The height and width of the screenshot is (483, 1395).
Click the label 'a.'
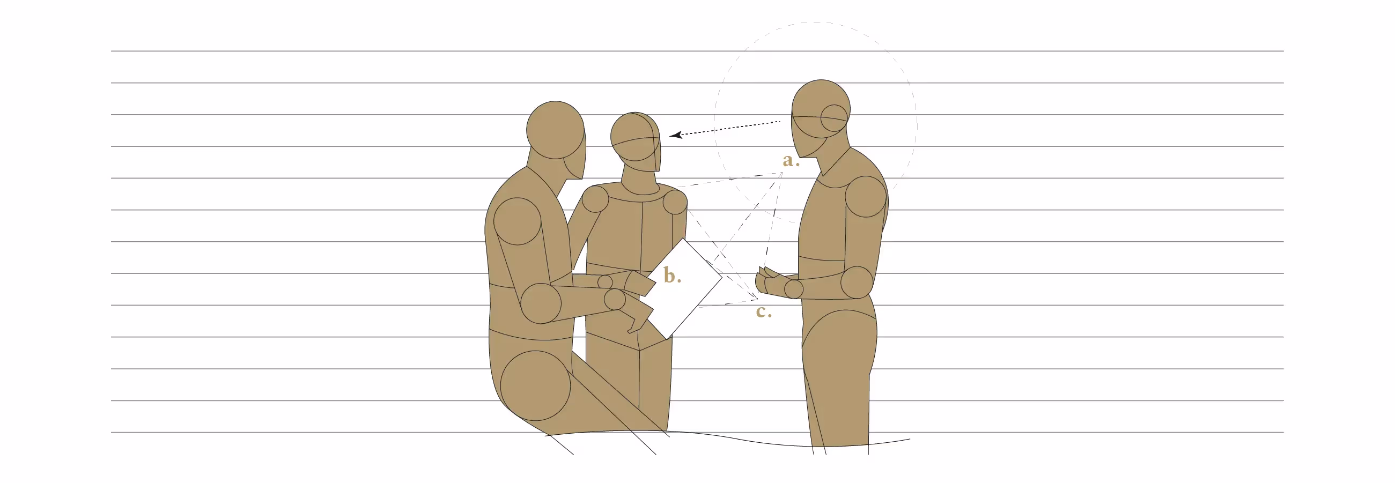(791, 160)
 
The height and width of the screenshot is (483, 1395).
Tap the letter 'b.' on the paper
(672, 276)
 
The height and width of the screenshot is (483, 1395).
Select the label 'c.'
(764, 311)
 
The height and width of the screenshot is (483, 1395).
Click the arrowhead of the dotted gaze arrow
(675, 135)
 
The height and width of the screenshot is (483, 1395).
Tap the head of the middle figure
(636, 142)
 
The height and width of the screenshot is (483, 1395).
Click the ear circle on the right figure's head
(834, 118)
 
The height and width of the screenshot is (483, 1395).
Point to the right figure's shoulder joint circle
(866, 197)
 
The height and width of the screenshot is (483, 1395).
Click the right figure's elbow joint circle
(857, 282)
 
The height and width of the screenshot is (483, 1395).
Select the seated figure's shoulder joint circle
(517, 221)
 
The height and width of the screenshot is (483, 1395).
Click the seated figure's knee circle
(536, 385)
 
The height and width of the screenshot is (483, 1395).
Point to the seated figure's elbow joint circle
(541, 303)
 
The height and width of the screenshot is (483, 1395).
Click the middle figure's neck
(640, 181)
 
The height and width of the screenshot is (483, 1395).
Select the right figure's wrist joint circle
(793, 288)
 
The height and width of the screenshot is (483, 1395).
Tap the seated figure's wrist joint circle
(615, 299)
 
